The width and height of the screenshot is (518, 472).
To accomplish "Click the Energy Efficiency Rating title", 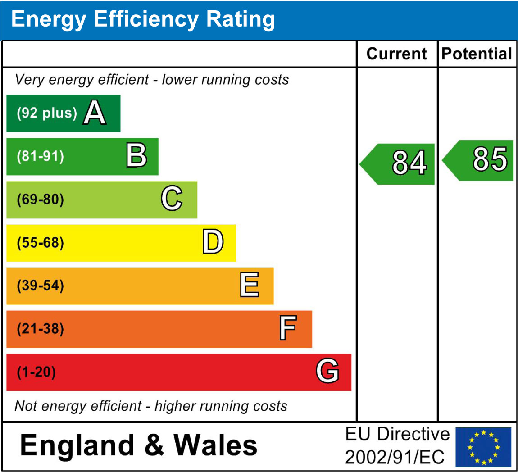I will click(x=143, y=20).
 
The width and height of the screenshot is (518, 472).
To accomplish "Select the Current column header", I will click(x=396, y=54).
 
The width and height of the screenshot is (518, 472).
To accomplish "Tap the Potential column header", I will click(x=477, y=54).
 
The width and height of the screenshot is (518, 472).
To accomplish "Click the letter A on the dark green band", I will click(x=95, y=113).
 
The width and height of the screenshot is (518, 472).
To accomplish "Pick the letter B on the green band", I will click(x=136, y=156).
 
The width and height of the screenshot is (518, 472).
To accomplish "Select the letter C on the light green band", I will click(x=172, y=199).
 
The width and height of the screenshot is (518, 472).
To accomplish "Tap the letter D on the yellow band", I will click(x=213, y=242).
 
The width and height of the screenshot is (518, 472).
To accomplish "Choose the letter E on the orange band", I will click(x=249, y=285).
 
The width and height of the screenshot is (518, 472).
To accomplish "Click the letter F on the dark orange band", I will click(x=287, y=328).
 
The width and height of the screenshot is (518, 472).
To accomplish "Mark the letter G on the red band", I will click(x=327, y=372).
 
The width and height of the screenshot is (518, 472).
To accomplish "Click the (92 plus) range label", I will click(x=46, y=113).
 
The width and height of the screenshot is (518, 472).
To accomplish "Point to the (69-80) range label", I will click(x=40, y=200).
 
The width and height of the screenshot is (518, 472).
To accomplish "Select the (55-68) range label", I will click(x=40, y=243).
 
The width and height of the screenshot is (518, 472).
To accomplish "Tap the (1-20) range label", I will click(x=36, y=372).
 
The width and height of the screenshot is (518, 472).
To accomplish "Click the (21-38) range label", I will click(x=40, y=329).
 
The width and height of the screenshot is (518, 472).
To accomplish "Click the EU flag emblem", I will click(x=483, y=447).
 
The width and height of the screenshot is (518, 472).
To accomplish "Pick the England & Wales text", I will click(x=139, y=445).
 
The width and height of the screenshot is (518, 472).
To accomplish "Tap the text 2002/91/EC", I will click(x=395, y=458).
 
